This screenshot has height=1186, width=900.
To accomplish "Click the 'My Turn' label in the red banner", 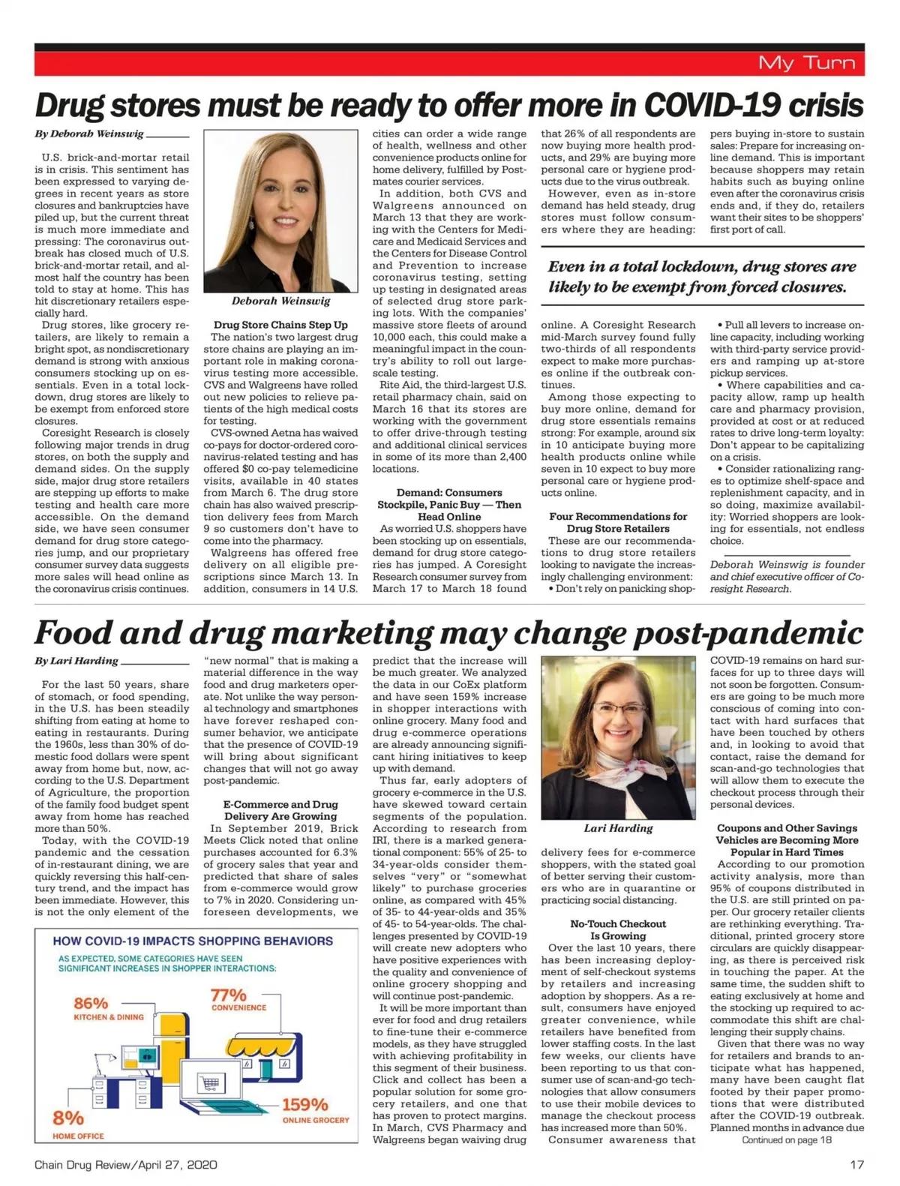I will (x=806, y=62).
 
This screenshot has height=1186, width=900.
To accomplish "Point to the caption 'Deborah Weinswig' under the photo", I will (x=280, y=301).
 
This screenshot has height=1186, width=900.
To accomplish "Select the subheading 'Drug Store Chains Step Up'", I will (x=280, y=325).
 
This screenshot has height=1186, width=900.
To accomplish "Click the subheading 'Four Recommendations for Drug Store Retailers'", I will (x=618, y=522).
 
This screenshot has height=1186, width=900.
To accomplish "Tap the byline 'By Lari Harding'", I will (x=76, y=661).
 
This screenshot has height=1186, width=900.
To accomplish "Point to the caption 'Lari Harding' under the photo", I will (x=618, y=828).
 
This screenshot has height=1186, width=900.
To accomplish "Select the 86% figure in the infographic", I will (x=91, y=1003).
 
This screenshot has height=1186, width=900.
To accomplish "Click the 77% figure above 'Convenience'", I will (x=228, y=995).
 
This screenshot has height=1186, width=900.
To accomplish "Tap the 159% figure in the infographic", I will (x=305, y=1104).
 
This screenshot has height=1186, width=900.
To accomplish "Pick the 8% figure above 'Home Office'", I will (x=67, y=1118).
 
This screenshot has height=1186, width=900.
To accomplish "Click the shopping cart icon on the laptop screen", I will (x=210, y=1083).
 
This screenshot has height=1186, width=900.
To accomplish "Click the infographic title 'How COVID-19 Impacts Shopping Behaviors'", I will (x=193, y=941).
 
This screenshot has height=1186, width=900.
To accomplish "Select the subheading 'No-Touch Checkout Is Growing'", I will (x=618, y=929).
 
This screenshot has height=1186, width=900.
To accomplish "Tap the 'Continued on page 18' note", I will (x=787, y=1139).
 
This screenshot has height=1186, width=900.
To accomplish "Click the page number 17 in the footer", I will (x=856, y=1164).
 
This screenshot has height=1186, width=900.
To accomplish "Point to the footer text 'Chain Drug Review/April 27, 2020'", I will (x=126, y=1164).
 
